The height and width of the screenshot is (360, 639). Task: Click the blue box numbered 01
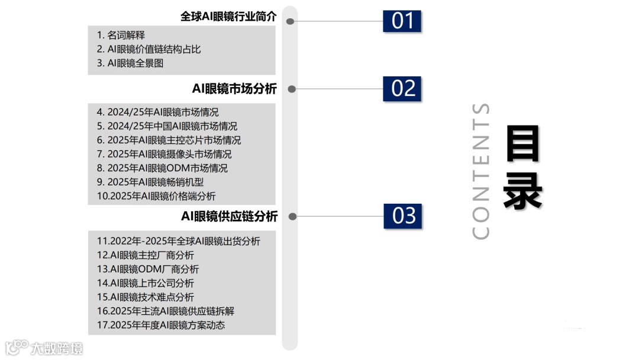403,21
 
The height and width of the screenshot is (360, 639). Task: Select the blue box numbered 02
403,88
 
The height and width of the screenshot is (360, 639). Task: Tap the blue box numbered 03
404,216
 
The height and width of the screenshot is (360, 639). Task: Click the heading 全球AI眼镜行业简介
228,17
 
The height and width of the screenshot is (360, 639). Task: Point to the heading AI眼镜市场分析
234,89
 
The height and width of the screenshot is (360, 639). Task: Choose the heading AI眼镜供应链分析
229,217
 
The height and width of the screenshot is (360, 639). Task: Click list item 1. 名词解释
121,36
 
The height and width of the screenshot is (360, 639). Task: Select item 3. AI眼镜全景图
130,63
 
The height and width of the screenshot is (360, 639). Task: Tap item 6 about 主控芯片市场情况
169,140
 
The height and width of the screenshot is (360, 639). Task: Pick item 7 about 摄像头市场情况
164,154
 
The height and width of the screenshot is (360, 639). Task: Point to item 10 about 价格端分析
156,196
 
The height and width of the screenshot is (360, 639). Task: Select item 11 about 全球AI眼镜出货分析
178,241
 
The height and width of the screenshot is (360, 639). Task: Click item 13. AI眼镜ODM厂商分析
148,269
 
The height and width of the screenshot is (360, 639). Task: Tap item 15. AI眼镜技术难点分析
145,297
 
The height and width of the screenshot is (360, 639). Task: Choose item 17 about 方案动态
161,325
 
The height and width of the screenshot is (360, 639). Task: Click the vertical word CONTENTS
482,171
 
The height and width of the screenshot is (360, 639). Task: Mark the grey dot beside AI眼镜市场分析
291,89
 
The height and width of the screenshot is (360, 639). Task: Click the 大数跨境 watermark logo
44,348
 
